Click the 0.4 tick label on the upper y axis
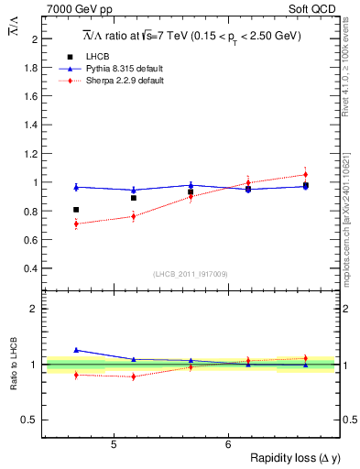[30, 268]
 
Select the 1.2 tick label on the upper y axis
[30, 154]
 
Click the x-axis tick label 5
[113, 444]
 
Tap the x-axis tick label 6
[227, 444]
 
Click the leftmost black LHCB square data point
[76, 210]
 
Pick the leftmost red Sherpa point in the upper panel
[76, 224]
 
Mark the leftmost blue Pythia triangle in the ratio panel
[76, 350]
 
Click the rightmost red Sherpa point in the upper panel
[306, 174]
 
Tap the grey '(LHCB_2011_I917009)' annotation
[191, 274]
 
